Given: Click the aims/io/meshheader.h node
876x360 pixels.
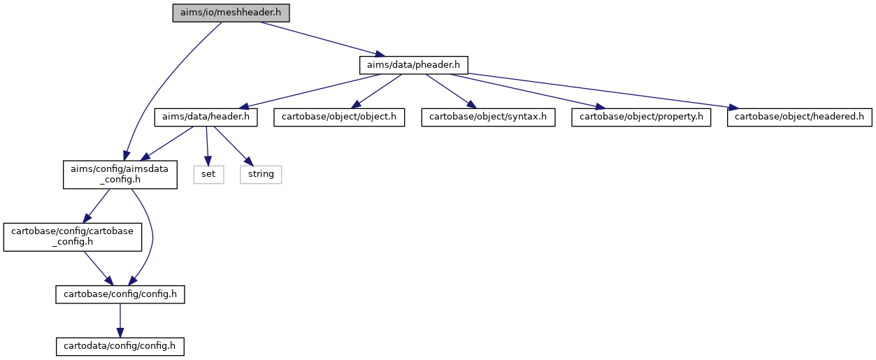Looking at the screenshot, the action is pos(231,13).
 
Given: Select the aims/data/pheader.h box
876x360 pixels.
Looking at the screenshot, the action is pos(414,65).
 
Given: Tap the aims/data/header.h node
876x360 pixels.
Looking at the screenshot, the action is pos(206,117).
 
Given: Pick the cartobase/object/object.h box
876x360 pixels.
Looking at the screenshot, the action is pos(339,117).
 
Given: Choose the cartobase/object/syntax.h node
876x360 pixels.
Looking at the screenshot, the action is pos(489,117).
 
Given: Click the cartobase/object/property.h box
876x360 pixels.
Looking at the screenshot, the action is pos(641,117).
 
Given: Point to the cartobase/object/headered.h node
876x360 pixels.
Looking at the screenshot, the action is pos(800,117).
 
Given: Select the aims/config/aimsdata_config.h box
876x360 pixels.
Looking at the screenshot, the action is pos(120,175).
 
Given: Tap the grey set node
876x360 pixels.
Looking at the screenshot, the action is pos(209,175).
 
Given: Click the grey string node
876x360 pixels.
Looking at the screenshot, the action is pos(261,175).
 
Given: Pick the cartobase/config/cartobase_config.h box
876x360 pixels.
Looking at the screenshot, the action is pos(73,237).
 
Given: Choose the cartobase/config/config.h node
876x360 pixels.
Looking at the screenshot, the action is pos(120,294).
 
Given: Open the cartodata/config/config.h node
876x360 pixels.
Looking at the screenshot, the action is pos(120,347).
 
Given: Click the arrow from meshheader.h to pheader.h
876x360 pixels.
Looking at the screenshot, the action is pos(323,39).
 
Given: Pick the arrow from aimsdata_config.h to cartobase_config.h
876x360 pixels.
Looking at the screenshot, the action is pos(96,206).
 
